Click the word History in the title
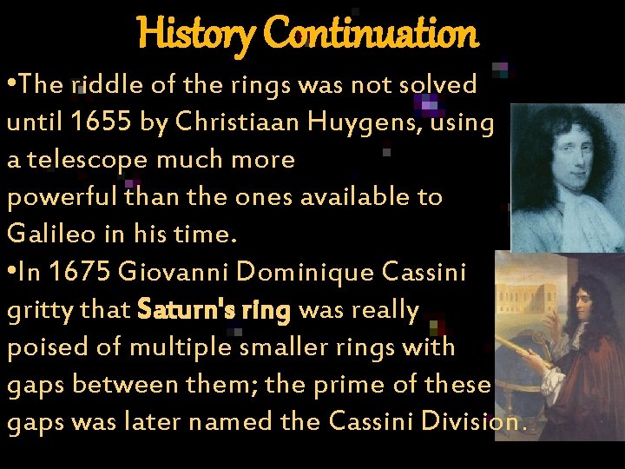tap(195, 34)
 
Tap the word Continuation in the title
tap(371, 34)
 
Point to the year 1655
tap(102, 122)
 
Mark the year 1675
tap(79, 272)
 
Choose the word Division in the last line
tap(479, 422)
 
